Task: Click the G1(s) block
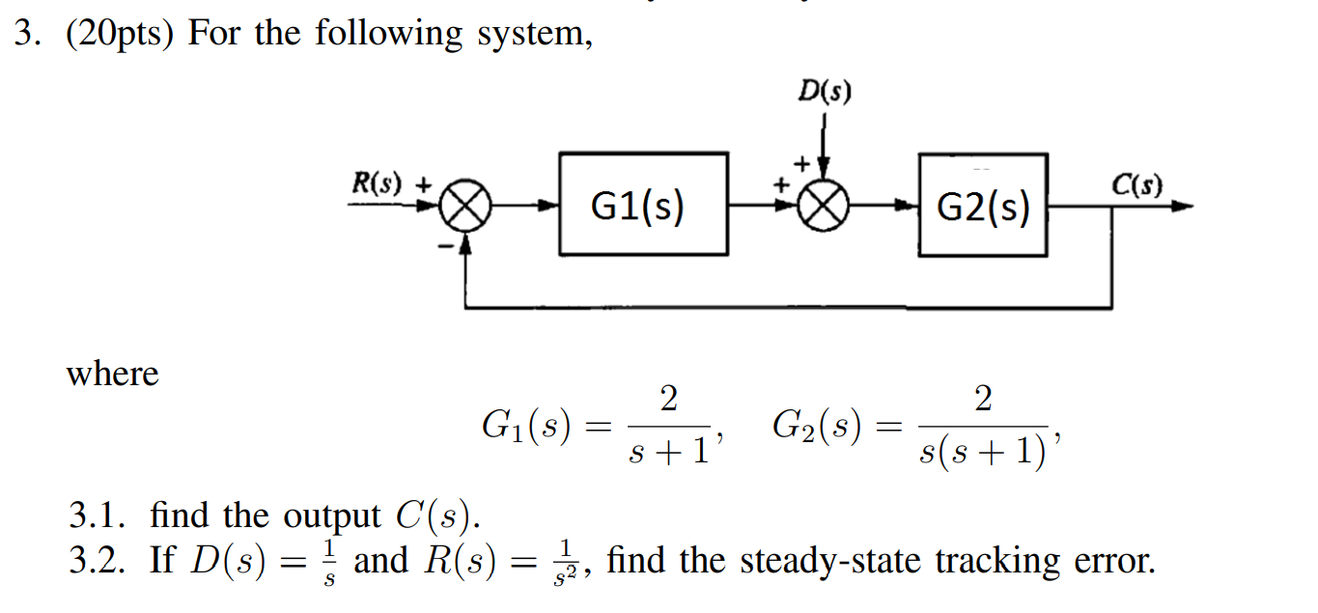point(643,205)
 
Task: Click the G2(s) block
point(982,205)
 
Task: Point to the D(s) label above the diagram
point(825,92)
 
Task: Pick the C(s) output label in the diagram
point(1136,184)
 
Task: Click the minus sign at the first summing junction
point(446,247)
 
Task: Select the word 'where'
point(112,374)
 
